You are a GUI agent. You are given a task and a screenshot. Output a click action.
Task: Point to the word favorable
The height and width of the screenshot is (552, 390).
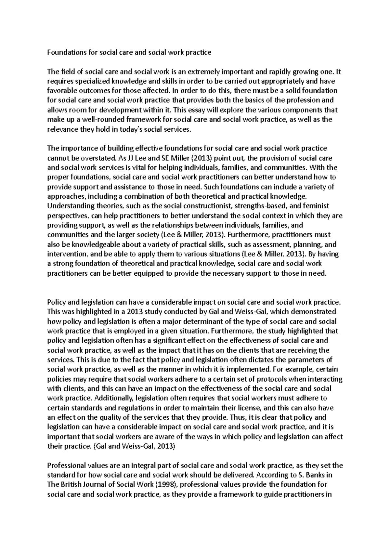(63, 90)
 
